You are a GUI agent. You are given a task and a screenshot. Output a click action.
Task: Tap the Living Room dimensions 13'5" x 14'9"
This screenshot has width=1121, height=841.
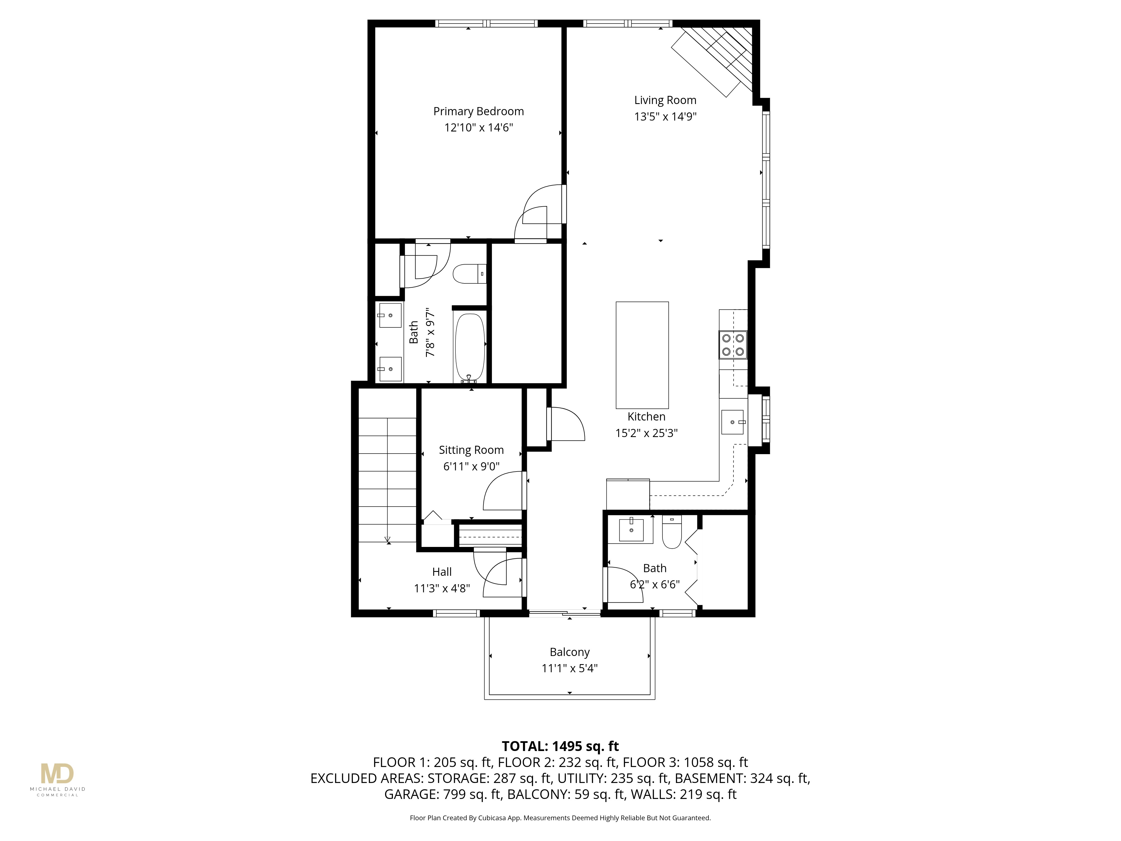coord(665,117)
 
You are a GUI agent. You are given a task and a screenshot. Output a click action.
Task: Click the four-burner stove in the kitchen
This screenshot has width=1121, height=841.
coord(733,345)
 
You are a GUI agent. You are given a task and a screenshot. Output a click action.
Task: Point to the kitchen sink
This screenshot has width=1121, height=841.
coord(732,422)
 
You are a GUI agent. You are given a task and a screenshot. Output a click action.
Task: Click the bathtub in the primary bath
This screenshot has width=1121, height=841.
coord(470,347)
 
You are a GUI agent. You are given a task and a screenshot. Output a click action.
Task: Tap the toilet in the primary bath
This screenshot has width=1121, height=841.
coord(469,274)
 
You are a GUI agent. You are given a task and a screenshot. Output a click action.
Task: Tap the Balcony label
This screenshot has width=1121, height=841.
coord(570,652)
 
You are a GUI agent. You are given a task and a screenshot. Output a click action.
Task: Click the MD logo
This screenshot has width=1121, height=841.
coord(57,774)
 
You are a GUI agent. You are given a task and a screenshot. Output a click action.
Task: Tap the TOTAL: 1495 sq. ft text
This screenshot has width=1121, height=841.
coord(560,746)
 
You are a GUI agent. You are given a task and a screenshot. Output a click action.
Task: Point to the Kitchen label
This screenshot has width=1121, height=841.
coord(646,417)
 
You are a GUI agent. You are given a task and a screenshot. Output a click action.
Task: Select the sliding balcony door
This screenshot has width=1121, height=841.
coord(564,614)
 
